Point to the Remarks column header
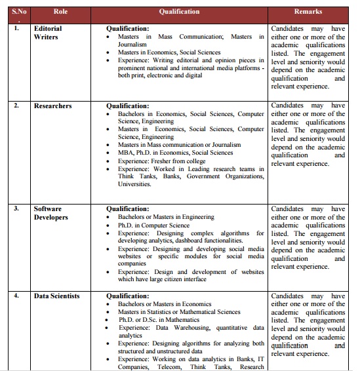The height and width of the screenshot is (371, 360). pos(308,12)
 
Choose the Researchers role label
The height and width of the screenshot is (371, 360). pos(53,106)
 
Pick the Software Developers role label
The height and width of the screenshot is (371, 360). pos(50,213)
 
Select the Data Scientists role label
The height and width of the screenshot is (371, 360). pos(57,296)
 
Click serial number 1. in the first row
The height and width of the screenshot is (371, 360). pos(16,29)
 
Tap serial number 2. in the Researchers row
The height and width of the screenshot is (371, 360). pos(16,106)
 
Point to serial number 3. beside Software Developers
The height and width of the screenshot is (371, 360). pos(16,208)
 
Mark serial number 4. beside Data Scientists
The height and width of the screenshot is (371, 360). pos(16,296)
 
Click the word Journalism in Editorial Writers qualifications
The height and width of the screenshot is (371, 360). pos(132,45)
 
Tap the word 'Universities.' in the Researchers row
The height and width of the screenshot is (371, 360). pos(134,184)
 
